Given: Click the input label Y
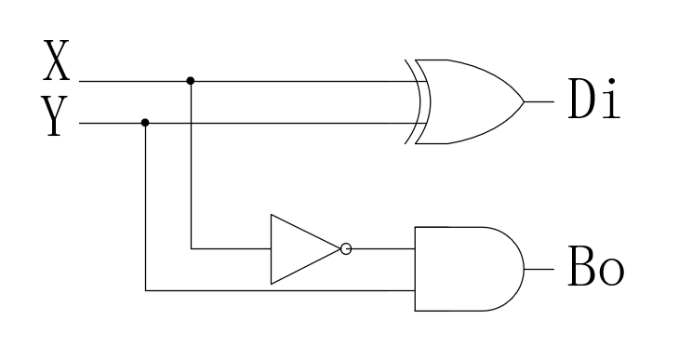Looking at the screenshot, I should click(x=58, y=119).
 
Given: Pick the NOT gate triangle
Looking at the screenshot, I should click(x=299, y=249).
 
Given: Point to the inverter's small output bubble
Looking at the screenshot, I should click(x=346, y=249).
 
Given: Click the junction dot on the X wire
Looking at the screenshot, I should click(x=191, y=81).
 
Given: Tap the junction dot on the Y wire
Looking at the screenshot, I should click(x=145, y=123).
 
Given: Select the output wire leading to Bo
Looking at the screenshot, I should click(x=539, y=269).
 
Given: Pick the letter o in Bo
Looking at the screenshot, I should click(x=610, y=274).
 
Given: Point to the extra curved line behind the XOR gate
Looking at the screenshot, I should click(x=410, y=101).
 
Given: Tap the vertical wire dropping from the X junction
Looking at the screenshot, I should click(x=191, y=167).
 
